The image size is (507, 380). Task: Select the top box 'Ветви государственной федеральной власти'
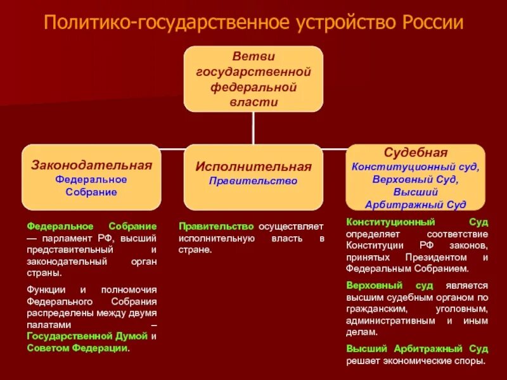point(253,79)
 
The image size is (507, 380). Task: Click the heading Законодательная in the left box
point(92,165)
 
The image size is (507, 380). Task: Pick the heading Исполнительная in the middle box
point(253,167)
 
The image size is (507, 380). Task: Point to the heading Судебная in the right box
point(416,153)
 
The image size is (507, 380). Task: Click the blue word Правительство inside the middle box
point(253,180)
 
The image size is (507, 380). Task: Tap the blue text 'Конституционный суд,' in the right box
point(416,167)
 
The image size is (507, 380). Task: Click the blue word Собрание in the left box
point(92,192)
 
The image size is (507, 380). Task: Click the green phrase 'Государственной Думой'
point(87,335)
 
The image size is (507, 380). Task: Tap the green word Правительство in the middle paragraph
point(217,226)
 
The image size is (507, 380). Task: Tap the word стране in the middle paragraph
point(194,250)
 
